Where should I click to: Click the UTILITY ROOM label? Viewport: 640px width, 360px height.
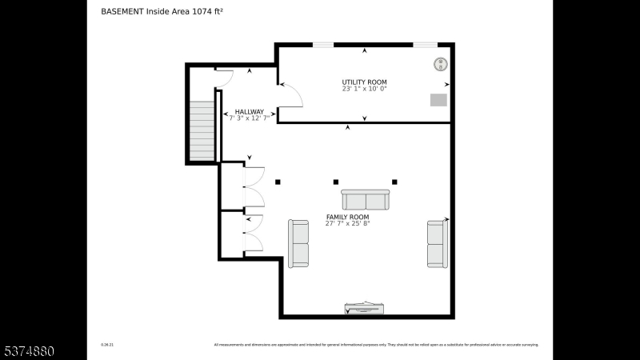coord(364,82)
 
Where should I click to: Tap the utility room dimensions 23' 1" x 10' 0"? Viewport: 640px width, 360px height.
coord(364,90)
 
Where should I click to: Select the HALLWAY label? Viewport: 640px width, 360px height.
coord(249,112)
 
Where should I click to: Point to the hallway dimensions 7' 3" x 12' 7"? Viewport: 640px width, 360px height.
coord(249,118)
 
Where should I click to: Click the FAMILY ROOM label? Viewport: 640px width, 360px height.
coord(347,218)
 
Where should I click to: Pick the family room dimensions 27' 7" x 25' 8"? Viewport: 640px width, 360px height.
coord(347,224)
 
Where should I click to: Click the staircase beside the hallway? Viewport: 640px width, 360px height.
coord(202,131)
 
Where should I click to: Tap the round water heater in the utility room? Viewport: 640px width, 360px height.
coord(439,64)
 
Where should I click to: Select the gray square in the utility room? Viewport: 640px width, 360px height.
coord(438,100)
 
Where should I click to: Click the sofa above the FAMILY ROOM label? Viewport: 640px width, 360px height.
coord(366,200)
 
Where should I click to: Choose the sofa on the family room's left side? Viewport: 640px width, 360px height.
coord(298,243)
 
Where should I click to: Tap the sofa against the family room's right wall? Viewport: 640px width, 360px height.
coord(437,243)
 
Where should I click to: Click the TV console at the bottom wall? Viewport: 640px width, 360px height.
coord(365,307)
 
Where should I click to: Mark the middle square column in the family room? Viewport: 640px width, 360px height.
coord(336,182)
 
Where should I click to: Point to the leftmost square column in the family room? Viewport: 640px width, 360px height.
coord(278,182)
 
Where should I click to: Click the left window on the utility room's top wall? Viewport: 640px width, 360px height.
coord(322,45)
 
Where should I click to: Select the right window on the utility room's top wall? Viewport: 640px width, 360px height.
coord(425,45)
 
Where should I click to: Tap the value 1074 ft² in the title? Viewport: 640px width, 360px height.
coord(206,12)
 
